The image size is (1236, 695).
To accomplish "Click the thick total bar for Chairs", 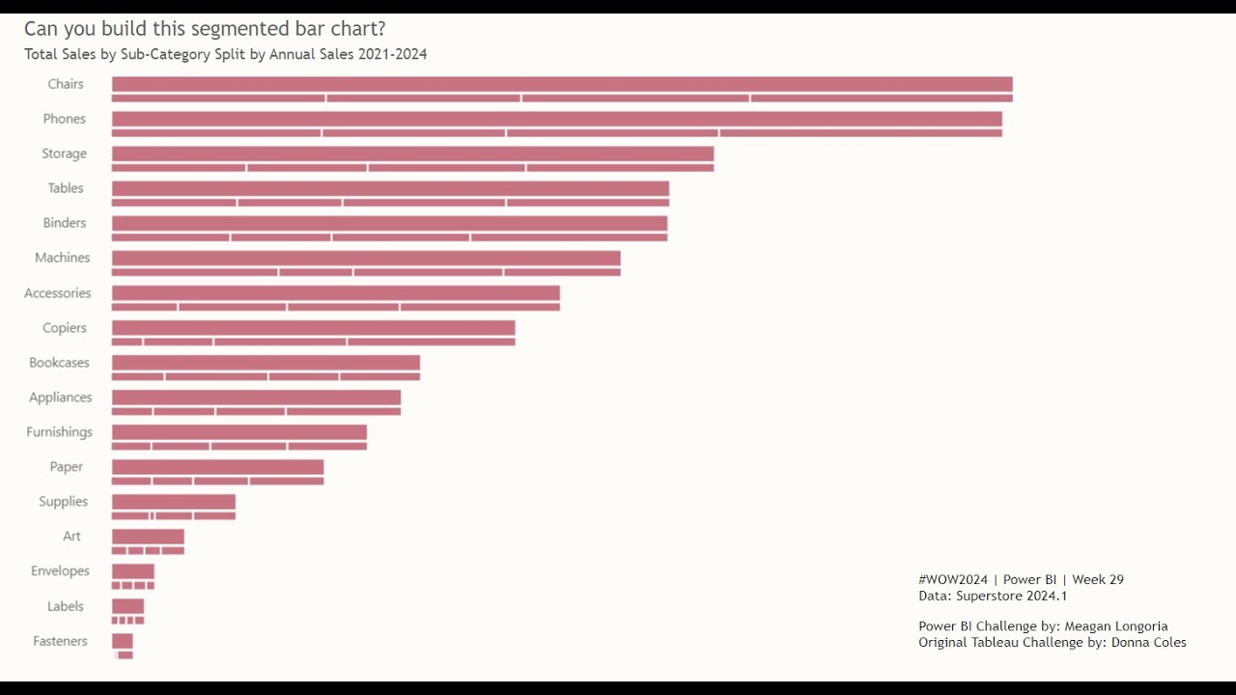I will (562, 84).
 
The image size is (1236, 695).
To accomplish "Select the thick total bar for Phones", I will (557, 119).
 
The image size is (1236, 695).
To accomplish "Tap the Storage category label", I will (64, 153).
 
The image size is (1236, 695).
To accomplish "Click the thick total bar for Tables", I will (390, 188).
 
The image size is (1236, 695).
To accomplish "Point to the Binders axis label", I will (65, 223).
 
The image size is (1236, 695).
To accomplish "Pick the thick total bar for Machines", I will (366, 258).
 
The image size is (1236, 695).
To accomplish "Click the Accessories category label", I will (58, 293).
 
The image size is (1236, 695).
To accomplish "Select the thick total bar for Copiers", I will (313, 327).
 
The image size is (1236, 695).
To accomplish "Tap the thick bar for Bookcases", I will (266, 362).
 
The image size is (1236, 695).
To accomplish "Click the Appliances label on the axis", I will (61, 398).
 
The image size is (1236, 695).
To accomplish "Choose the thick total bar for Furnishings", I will (239, 431).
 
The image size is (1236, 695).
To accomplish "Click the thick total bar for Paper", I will (217, 466).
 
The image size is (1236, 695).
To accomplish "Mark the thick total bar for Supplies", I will (174, 501).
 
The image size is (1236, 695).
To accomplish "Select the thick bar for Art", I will (148, 536).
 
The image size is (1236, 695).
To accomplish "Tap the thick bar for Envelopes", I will (133, 570).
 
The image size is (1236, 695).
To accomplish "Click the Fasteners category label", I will (60, 641).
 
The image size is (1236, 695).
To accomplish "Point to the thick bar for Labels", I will (127, 606).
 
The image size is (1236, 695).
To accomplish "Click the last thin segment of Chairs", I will (882, 98).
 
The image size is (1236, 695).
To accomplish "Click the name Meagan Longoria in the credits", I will (1115, 626).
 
